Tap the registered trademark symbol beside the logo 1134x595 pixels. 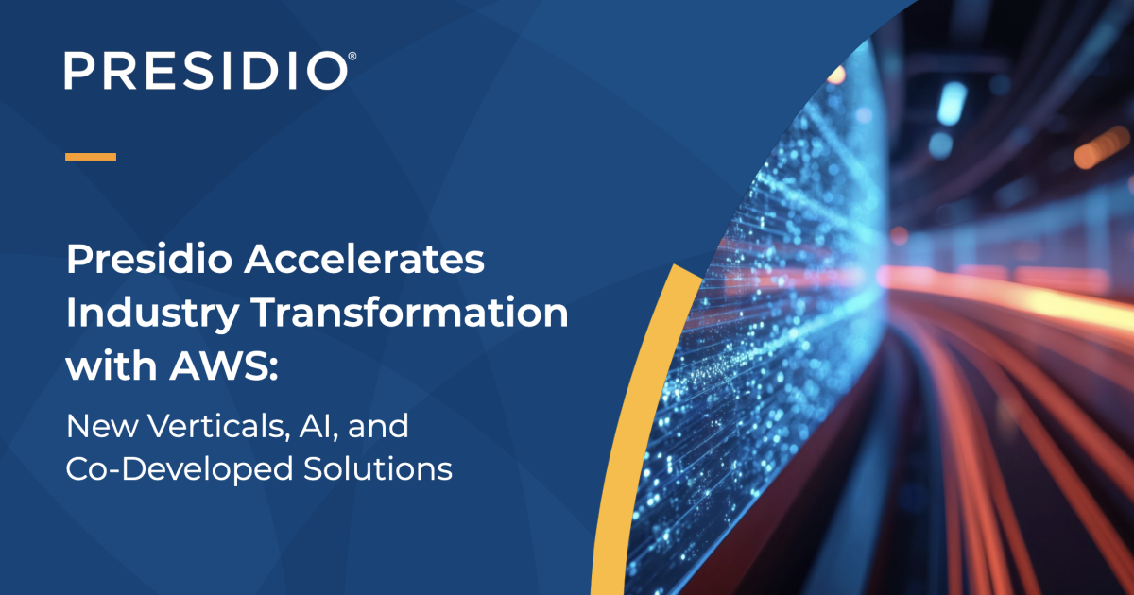pyautogui.click(x=352, y=56)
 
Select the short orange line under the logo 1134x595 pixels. pyautogui.click(x=91, y=157)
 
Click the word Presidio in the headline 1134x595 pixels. pyautogui.click(x=149, y=259)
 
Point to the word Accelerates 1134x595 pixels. pyautogui.click(x=365, y=259)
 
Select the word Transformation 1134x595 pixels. pyautogui.click(x=409, y=313)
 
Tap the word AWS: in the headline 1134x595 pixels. pyautogui.click(x=224, y=365)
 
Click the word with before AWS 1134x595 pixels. pyautogui.click(x=112, y=365)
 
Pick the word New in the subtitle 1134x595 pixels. pyautogui.click(x=102, y=427)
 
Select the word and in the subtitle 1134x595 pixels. pyautogui.click(x=378, y=426)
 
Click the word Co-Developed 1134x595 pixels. pyautogui.click(x=180, y=470)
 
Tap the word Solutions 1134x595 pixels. pyautogui.click(x=378, y=468)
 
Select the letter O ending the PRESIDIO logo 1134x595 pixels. pyautogui.click(x=328, y=71)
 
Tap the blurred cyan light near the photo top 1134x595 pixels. pyautogui.click(x=952, y=104)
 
